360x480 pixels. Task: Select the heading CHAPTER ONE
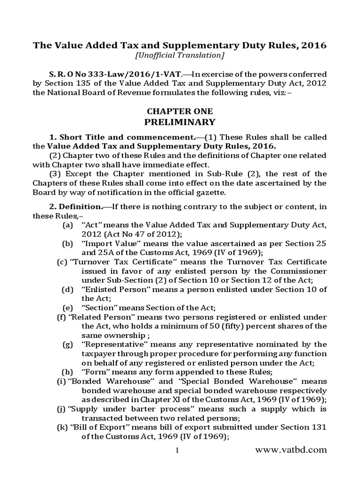point(180,112)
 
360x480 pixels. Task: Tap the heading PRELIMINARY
point(180,122)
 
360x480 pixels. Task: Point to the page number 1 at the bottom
point(178,451)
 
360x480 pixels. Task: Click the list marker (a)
point(67,225)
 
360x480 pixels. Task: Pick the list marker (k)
point(62,427)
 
